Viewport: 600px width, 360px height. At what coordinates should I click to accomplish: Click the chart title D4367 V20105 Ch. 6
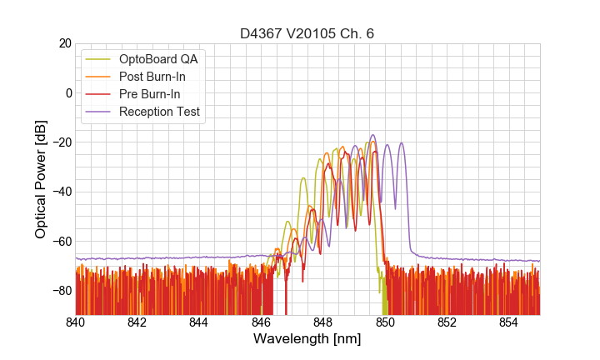[307, 34]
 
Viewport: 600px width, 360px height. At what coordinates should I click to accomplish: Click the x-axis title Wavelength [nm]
[307, 339]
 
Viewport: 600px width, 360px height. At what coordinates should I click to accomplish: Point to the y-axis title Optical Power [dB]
[41, 179]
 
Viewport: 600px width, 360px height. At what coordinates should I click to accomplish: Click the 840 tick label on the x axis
[75, 322]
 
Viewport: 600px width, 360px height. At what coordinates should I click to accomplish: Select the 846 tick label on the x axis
[261, 322]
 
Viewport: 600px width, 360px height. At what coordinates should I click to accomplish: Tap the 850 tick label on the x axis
[385, 322]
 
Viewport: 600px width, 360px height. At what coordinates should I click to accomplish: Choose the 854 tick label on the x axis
[508, 322]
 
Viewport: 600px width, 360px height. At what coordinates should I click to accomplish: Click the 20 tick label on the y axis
[62, 43]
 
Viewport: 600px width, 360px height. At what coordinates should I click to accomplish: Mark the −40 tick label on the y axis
[59, 192]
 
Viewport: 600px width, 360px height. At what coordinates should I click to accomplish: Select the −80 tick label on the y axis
[59, 291]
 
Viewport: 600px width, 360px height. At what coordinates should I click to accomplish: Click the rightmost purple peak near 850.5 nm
[402, 143]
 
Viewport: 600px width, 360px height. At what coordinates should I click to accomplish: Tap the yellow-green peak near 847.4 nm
[303, 178]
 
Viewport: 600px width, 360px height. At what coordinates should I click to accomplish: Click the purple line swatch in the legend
[99, 112]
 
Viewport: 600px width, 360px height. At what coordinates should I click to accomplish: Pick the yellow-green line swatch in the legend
[99, 59]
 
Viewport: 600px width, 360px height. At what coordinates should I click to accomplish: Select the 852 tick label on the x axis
[447, 322]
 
